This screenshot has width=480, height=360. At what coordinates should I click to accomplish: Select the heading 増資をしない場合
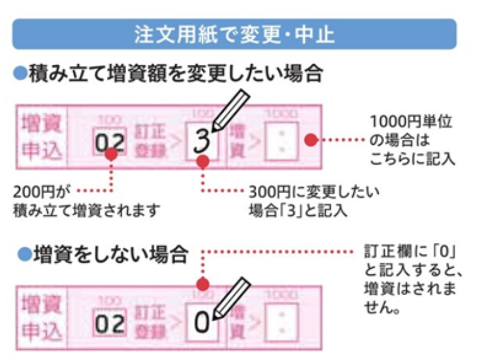point(109,255)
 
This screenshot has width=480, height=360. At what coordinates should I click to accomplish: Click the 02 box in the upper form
point(110,142)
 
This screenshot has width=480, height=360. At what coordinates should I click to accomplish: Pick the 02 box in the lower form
point(110,323)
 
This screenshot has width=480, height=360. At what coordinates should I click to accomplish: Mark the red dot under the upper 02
point(110,155)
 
